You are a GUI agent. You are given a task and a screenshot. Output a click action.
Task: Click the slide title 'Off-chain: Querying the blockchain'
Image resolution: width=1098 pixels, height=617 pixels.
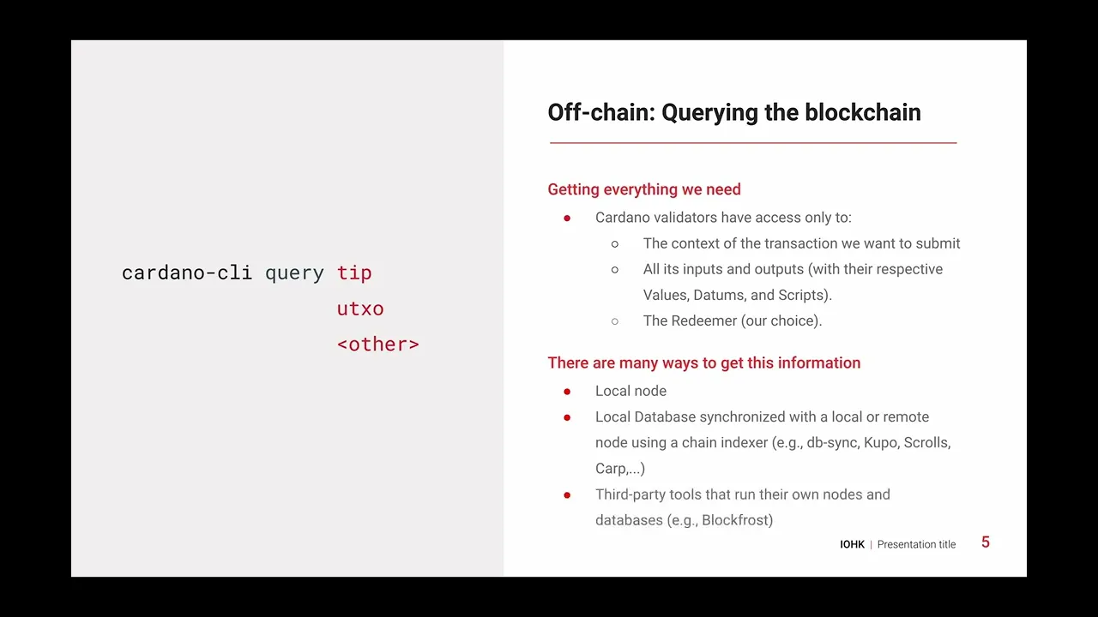click(x=734, y=112)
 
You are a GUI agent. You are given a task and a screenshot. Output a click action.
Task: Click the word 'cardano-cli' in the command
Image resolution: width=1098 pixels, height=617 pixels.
click(x=186, y=273)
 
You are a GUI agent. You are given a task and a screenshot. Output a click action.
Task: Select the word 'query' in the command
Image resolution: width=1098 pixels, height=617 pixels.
click(x=294, y=273)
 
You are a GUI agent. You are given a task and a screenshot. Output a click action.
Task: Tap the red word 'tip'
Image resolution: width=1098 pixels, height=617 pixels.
click(x=353, y=273)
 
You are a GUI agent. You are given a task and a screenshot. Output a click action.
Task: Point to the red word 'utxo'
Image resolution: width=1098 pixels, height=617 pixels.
click(x=359, y=308)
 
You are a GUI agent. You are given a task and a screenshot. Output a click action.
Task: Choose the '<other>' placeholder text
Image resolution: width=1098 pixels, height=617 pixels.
click(x=377, y=344)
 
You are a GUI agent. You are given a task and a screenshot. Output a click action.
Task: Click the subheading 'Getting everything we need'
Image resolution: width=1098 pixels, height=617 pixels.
click(x=643, y=189)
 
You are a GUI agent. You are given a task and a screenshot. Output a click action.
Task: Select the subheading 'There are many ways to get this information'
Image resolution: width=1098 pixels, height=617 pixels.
click(x=703, y=362)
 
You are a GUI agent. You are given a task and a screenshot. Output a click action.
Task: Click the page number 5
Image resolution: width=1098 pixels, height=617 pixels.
click(x=986, y=542)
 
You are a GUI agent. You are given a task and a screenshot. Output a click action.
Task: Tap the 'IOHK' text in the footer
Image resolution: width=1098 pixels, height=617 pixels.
click(x=852, y=544)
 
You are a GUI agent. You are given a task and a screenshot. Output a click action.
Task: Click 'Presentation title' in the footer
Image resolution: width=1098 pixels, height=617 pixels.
click(x=916, y=544)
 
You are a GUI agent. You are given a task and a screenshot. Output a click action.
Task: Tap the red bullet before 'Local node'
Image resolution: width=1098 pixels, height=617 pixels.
click(x=567, y=392)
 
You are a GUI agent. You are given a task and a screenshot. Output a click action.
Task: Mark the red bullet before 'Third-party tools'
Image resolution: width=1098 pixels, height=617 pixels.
click(x=567, y=495)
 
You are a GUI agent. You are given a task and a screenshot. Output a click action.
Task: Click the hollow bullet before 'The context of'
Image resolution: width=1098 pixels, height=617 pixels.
click(x=615, y=244)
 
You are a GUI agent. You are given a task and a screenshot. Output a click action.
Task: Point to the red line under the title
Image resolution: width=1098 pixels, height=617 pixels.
click(x=752, y=143)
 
